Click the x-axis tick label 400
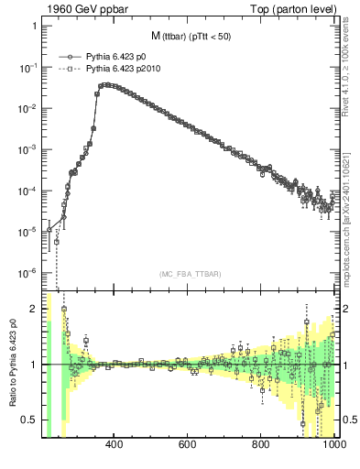115,445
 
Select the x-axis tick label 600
188,445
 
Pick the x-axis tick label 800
261,445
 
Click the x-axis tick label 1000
332,445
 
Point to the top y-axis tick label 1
35,27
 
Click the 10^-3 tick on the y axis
27,149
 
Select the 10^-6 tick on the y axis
27,272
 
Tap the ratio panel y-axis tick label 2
34,309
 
